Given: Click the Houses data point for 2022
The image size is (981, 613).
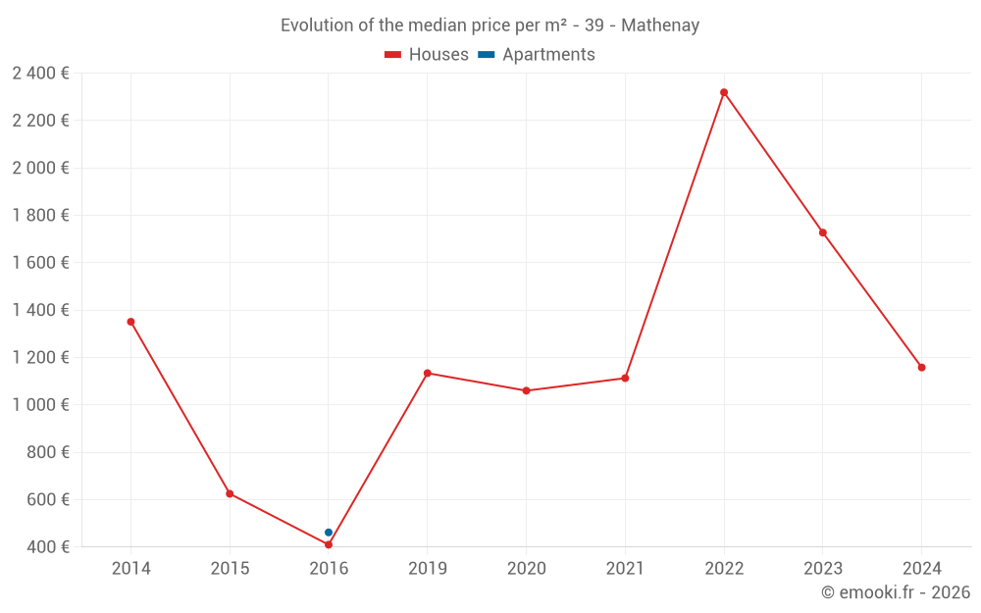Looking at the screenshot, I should pyautogui.click(x=724, y=92).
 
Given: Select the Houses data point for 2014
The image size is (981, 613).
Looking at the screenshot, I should pyautogui.click(x=130, y=322).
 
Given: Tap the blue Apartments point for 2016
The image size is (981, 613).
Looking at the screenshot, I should pyautogui.click(x=329, y=533).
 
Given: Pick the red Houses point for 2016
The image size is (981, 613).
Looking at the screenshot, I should pyautogui.click(x=329, y=544).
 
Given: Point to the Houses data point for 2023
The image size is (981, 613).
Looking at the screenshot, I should pyautogui.click(x=823, y=232).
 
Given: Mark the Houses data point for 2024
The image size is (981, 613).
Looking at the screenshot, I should pyautogui.click(x=921, y=368).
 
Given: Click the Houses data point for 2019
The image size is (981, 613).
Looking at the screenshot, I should pyautogui.click(x=428, y=373).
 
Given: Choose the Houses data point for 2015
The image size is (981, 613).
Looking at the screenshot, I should pyautogui.click(x=230, y=493).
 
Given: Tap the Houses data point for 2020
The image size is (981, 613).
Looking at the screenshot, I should pyautogui.click(x=526, y=390).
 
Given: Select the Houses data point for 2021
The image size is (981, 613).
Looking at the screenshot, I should pyautogui.click(x=625, y=379).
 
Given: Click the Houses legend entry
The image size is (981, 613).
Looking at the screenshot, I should pyautogui.click(x=427, y=55).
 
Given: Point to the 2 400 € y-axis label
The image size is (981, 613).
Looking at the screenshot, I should pyautogui.click(x=40, y=73).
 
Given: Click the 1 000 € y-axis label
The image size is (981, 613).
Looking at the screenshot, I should pyautogui.click(x=40, y=405).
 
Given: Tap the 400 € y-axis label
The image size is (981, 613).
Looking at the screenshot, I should pyautogui.click(x=47, y=547).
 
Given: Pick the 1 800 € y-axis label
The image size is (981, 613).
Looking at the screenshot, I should pyautogui.click(x=40, y=215).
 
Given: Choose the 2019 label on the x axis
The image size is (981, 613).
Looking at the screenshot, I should pyautogui.click(x=428, y=568).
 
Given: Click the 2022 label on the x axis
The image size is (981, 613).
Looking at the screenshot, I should pyautogui.click(x=724, y=568).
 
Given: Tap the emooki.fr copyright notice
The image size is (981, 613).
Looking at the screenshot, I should pyautogui.click(x=896, y=592).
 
